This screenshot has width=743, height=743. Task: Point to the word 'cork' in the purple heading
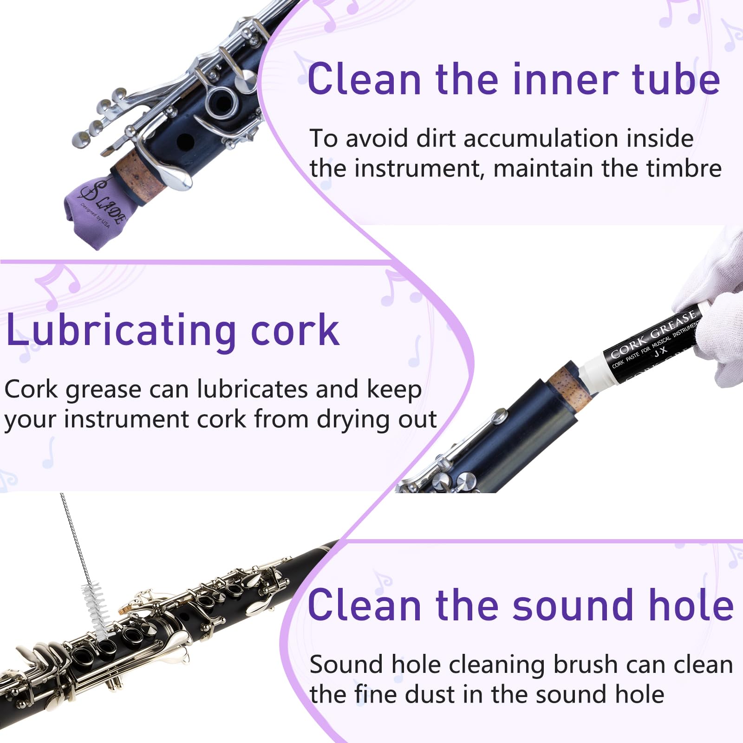coord(295,331)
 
